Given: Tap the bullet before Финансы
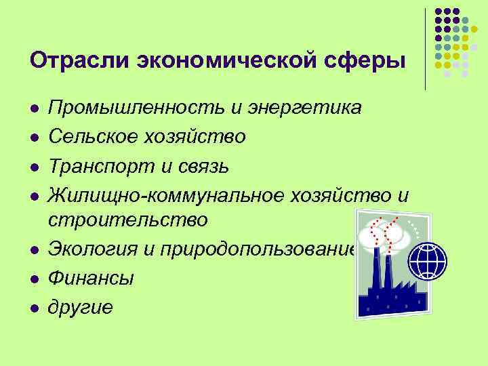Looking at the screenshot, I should (33, 279).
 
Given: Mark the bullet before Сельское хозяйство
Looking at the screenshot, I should (33, 138).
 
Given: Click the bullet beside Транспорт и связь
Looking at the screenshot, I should (33, 166).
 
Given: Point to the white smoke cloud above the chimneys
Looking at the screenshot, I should (384, 233).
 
